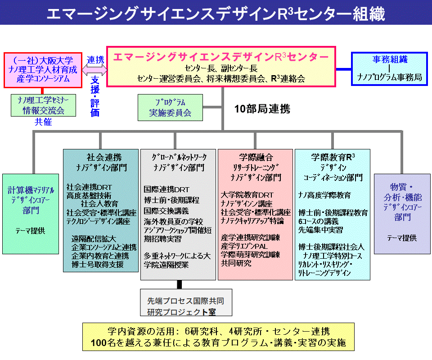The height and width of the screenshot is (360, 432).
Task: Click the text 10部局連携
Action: (x=262, y=109)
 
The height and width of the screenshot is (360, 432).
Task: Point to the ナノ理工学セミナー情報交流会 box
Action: (x=44, y=105)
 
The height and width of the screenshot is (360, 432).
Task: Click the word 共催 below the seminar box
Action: (x=44, y=121)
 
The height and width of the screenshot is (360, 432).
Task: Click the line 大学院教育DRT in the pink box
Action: (x=247, y=195)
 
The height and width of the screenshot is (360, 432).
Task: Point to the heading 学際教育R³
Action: (x=333, y=157)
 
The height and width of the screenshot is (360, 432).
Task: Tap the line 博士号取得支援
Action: (x=97, y=265)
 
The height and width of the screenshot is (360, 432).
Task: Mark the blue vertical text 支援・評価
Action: (x=95, y=96)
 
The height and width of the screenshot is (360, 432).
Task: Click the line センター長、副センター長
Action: (x=221, y=68)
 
